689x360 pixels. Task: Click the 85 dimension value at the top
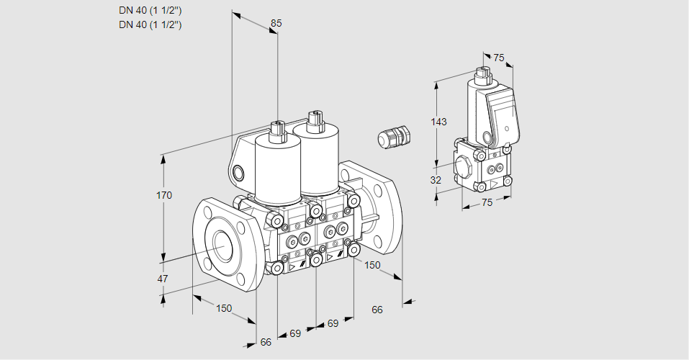point(276,23)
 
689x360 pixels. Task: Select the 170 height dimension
point(166,195)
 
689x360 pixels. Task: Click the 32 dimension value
point(436,180)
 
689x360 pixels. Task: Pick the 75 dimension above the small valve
point(498,58)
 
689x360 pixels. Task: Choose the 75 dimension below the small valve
point(487,202)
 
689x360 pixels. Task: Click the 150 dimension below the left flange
point(224,308)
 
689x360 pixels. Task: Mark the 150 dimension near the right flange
point(372,265)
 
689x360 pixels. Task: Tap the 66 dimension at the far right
point(377,310)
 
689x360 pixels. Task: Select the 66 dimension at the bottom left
point(266,342)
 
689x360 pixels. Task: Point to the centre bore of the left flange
point(220,246)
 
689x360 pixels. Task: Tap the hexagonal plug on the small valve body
point(464,167)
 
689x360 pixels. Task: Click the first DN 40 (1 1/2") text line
point(150,11)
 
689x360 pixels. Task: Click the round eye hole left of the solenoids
point(239,172)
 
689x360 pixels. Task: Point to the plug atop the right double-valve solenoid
point(313,120)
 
